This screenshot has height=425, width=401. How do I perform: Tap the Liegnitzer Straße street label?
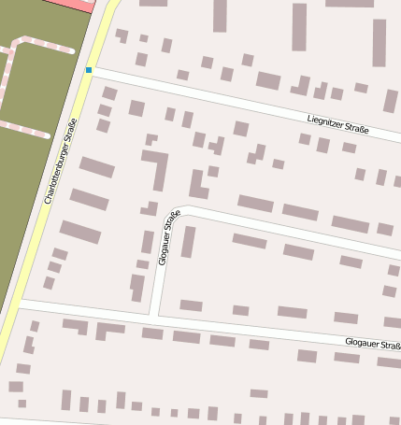pos(338,125)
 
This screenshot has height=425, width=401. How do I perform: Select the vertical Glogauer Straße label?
pos(168,238)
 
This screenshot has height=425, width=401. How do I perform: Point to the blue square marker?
pos(89,70)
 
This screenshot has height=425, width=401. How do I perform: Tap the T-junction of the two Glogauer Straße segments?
pos(154,318)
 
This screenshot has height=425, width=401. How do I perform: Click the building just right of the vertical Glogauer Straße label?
pos(188,242)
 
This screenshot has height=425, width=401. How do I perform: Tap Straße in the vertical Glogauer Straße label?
pos(173,221)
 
